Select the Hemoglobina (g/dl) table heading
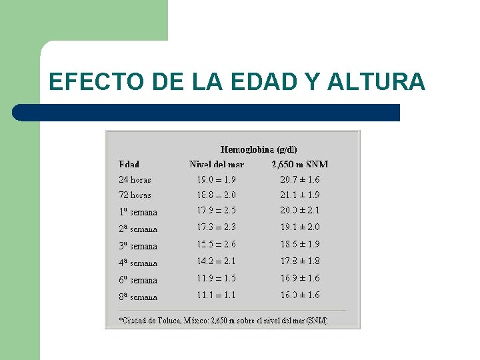click(259, 149)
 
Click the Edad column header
click(129, 164)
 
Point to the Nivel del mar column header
click(217, 164)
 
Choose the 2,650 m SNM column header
click(300, 164)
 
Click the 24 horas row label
click(135, 179)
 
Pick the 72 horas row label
click(135, 195)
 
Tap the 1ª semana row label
click(138, 212)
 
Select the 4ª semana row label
click(138, 263)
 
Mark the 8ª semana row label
click(138, 297)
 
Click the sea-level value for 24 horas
click(216, 179)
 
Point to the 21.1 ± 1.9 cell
click(300, 195)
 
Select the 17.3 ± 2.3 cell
click(216, 227)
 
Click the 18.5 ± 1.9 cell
click(300, 245)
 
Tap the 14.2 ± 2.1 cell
click(216, 261)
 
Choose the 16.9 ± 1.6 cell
click(300, 278)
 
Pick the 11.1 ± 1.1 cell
click(216, 295)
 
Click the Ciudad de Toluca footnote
click(223, 321)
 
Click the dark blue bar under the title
click(207, 113)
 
